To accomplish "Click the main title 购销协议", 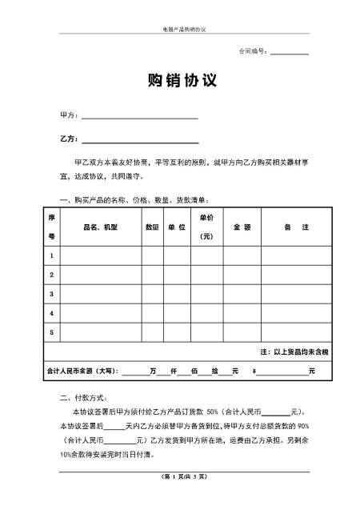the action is tap(179, 82).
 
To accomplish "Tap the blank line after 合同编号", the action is tap(289, 53).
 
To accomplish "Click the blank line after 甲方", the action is tap(139, 118).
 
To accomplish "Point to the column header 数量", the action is tap(151, 227).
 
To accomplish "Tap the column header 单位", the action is tap(176, 227).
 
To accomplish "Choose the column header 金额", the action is tap(242, 227).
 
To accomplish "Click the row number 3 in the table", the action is tap(52, 294).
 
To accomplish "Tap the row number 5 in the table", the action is tap(52, 331).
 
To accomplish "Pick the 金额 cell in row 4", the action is tap(242, 312).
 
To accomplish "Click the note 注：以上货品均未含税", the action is tap(294, 351).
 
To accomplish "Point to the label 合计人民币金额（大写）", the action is tap(82, 371).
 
